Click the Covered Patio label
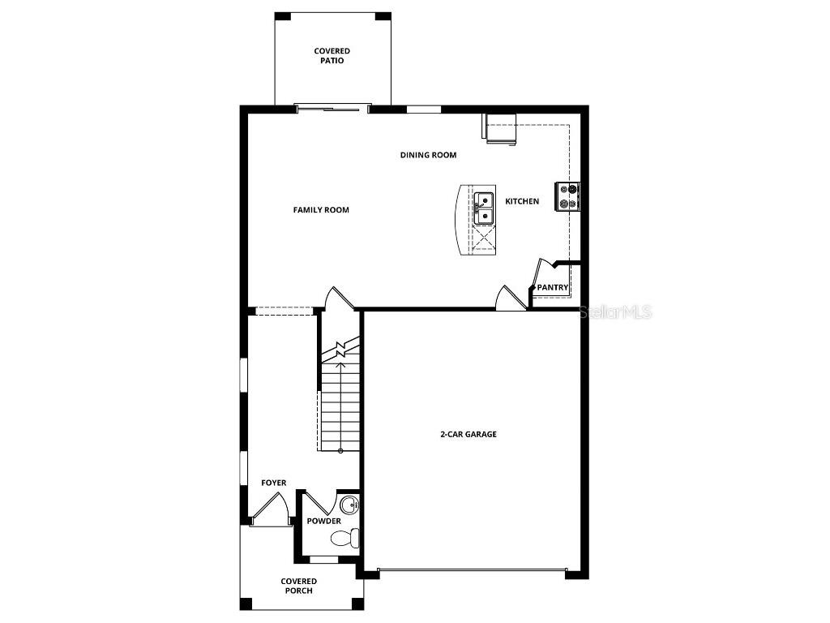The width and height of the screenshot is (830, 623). tap(332, 56)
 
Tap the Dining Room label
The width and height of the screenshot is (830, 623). tap(428, 155)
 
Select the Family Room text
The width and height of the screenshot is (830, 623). tap(321, 210)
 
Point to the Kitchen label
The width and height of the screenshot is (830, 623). tap(522, 201)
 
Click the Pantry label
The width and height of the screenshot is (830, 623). tap(553, 287)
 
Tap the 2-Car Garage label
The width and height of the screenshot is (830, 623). tap(468, 434)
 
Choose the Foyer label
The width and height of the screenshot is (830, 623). tap(273, 483)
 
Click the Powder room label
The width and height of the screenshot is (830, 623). tap(323, 521)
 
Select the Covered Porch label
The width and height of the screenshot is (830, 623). tap(299, 586)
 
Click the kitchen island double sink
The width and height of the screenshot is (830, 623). tap(485, 208)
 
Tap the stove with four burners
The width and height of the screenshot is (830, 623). tap(567, 195)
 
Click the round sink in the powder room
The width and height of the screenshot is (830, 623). tap(350, 505)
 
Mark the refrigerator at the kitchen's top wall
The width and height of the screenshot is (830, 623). tap(501, 129)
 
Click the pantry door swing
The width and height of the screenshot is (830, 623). tap(541, 272)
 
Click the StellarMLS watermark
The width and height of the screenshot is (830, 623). tap(617, 312)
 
